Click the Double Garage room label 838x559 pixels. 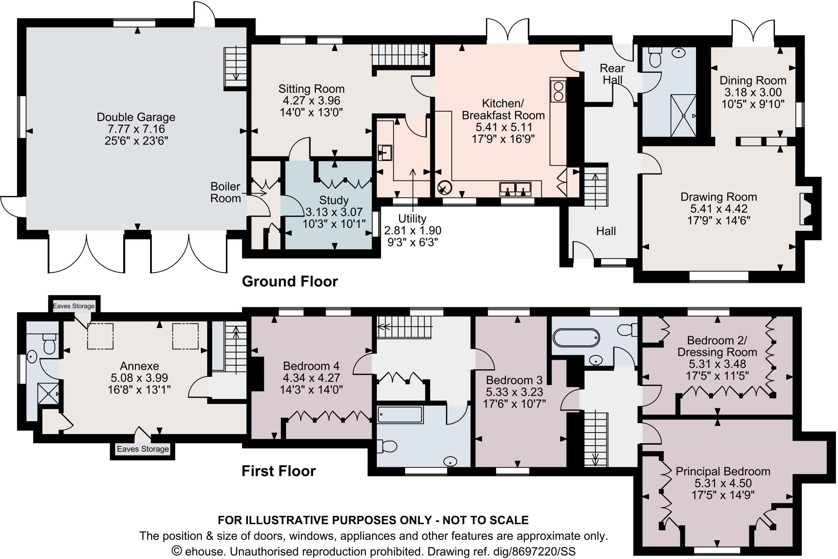pyautogui.click(x=136, y=117)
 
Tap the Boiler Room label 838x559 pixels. pyautogui.click(x=225, y=192)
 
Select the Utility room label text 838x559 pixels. pyautogui.click(x=412, y=219)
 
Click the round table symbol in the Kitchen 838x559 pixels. pyautogui.click(x=444, y=188)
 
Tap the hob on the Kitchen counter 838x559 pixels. pyautogui.click(x=558, y=91)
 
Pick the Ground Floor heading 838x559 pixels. pyautogui.click(x=290, y=282)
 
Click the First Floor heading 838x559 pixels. pyautogui.click(x=279, y=471)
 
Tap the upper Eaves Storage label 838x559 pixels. pyautogui.click(x=74, y=306)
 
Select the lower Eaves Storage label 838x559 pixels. pyautogui.click(x=143, y=449)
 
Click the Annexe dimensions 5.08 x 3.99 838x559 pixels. pyautogui.click(x=140, y=377)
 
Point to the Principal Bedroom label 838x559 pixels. pyautogui.click(x=723, y=471)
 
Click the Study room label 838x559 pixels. pyautogui.click(x=334, y=201)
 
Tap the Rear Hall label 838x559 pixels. pyautogui.click(x=612, y=74)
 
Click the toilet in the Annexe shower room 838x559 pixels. pyautogui.click(x=50, y=344)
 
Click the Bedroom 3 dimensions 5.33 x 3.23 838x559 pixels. pyautogui.click(x=514, y=392)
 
